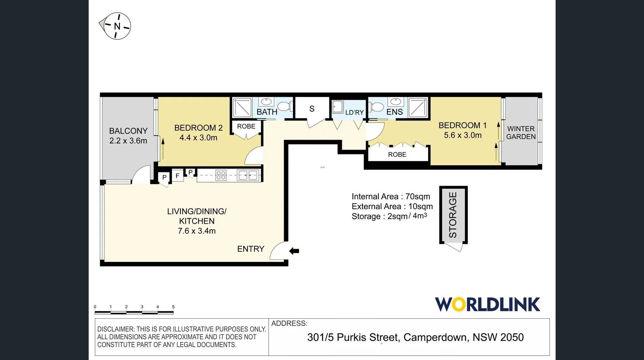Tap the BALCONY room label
click(x=128, y=131)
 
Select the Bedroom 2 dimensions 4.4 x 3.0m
click(x=198, y=138)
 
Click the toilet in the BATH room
click(x=285, y=106)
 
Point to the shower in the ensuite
click(x=418, y=107)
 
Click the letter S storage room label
click(x=312, y=109)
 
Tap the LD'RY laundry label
click(x=354, y=112)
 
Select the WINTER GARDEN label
click(x=521, y=133)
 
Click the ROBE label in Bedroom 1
click(x=397, y=154)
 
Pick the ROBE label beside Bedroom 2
click(x=246, y=126)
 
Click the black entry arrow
click(x=294, y=251)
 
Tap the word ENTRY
click(x=251, y=249)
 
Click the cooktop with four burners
click(x=221, y=175)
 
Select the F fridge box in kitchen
click(x=177, y=175)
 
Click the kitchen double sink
click(x=248, y=175)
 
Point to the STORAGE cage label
click(x=453, y=215)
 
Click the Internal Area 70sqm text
click(x=390, y=196)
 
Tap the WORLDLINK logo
click(x=487, y=304)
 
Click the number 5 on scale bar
click(x=173, y=307)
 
